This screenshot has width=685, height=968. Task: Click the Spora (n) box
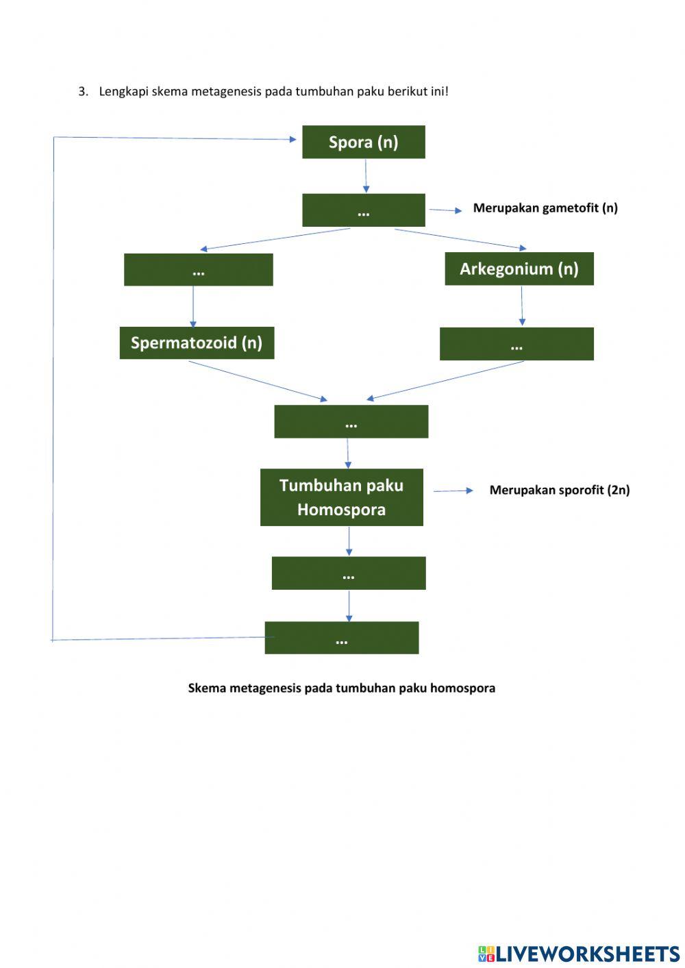363,142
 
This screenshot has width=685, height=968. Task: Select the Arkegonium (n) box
519,269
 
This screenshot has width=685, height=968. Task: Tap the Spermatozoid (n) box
197,343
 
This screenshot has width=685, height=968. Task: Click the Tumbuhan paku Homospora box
341,497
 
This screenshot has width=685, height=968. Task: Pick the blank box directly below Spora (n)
363,210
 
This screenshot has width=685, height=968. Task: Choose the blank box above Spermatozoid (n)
198,270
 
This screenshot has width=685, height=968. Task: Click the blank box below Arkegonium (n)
516,344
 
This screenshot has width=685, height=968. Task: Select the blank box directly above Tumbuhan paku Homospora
351,421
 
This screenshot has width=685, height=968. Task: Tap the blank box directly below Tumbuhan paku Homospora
348,573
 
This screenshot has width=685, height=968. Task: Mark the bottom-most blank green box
341,638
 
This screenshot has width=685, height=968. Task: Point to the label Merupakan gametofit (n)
545,208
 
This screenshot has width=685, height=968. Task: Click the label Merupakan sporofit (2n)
559,490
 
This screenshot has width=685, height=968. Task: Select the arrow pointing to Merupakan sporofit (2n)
453,491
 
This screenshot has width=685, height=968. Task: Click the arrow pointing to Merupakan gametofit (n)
446,210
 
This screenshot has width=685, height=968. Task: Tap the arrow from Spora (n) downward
365,176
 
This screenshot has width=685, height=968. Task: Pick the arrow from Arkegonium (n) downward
522,306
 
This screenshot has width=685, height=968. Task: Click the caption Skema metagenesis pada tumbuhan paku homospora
341,688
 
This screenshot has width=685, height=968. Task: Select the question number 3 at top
83,92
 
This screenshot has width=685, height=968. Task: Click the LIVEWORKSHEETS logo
579,953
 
